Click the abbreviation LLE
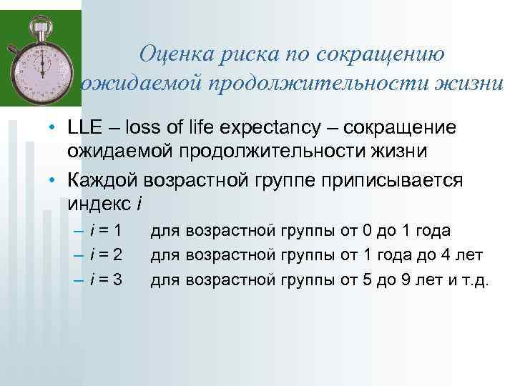[x=84, y=128]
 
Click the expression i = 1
[x=106, y=231]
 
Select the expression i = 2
[x=106, y=254]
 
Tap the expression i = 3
[x=106, y=279]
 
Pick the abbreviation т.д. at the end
[x=476, y=279]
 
